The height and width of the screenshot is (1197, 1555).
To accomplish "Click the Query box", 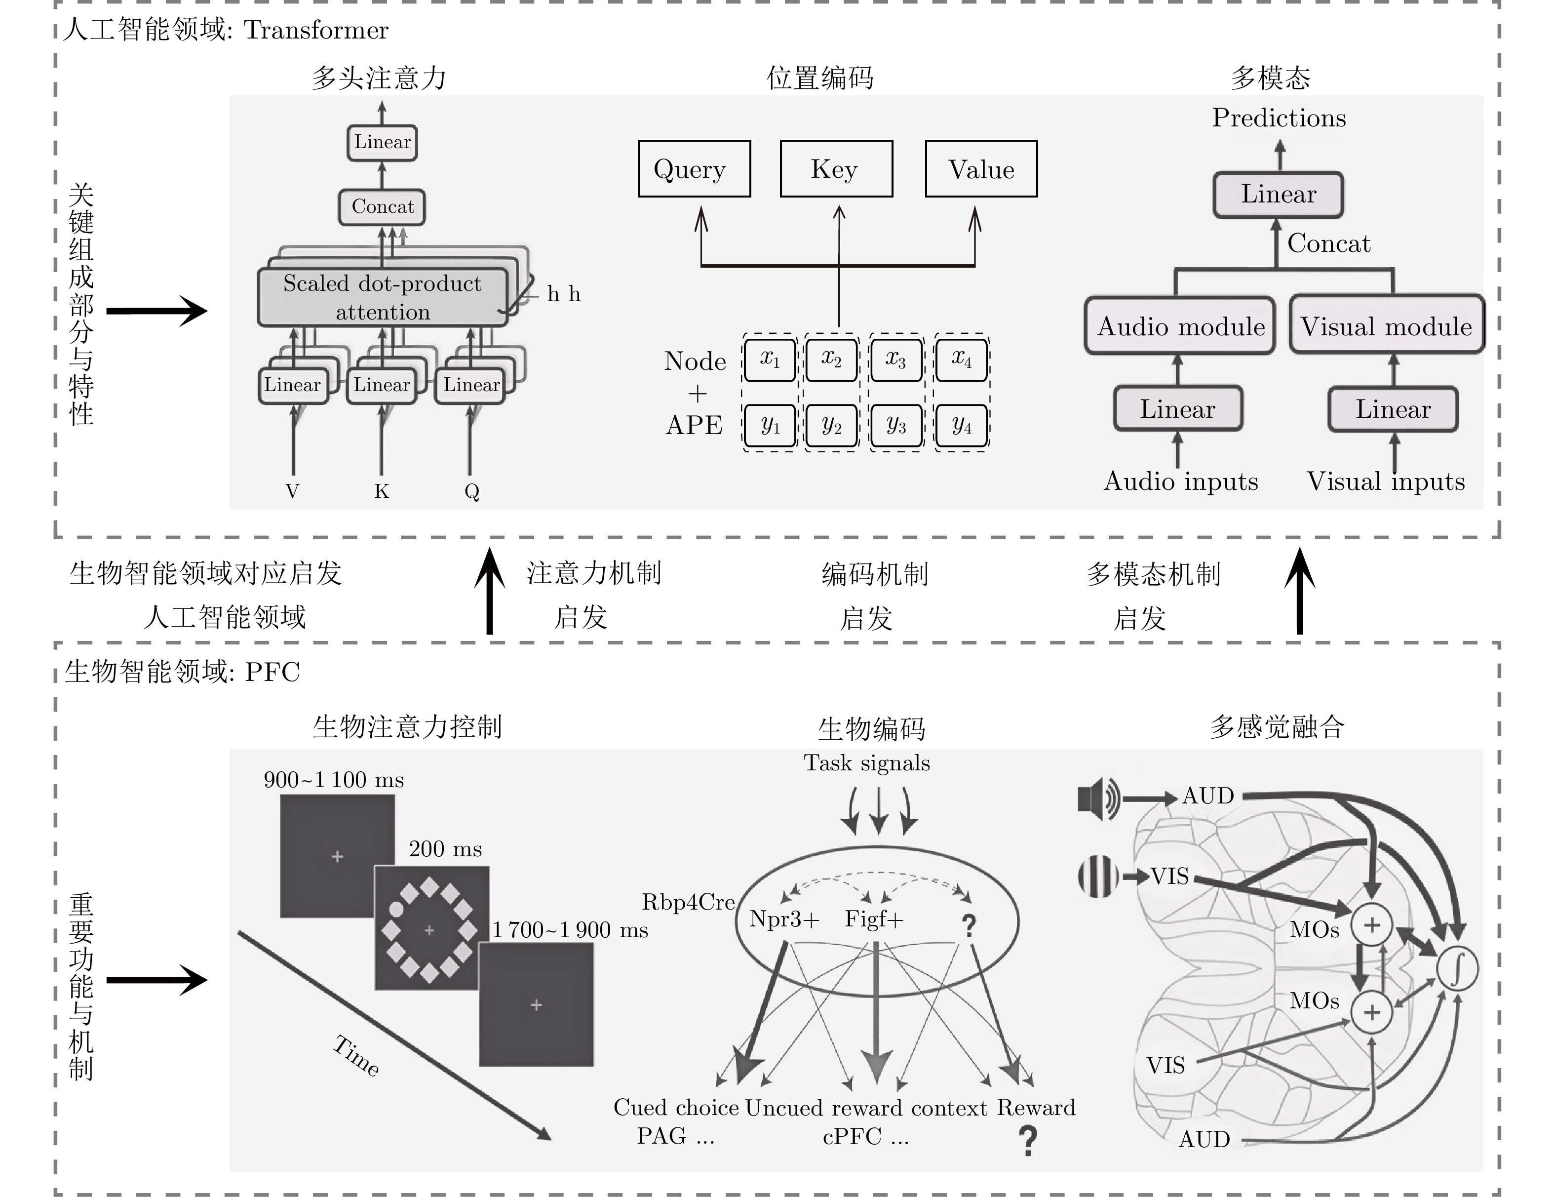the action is [694, 169].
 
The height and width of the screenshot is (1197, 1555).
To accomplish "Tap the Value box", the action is [981, 169].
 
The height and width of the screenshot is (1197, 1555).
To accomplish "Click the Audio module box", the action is [1180, 326].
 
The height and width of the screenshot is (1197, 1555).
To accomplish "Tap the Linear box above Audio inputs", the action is [1178, 409].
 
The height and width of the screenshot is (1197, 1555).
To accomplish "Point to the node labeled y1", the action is [770, 426].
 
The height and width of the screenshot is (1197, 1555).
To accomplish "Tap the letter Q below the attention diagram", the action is [471, 491].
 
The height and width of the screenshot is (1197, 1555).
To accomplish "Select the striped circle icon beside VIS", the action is [1098, 876].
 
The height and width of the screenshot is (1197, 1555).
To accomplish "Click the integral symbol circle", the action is [1457, 968].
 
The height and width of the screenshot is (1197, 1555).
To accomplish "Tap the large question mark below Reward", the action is [1027, 1140].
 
